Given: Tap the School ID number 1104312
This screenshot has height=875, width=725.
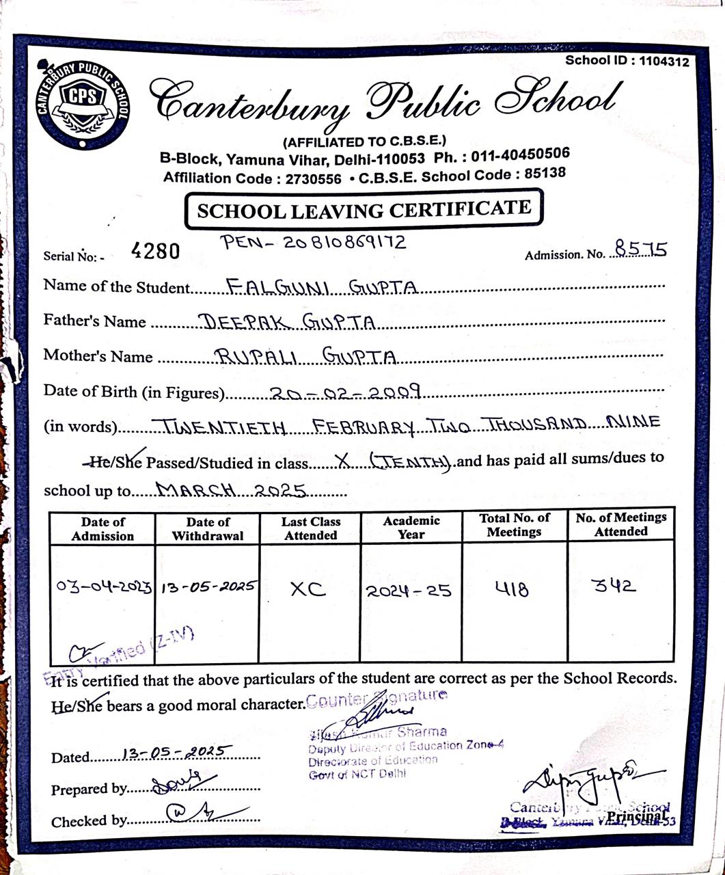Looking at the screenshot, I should click(x=664, y=62).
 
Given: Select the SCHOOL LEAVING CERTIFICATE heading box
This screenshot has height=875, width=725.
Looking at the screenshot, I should click(x=364, y=210).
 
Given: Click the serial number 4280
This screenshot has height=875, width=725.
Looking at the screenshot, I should click(x=155, y=252).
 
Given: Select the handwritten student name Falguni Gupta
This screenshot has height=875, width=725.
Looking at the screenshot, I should click(x=321, y=287).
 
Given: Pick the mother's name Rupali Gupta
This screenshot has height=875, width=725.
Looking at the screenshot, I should click(x=305, y=357).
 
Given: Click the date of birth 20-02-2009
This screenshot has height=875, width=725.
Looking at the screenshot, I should click(x=345, y=392).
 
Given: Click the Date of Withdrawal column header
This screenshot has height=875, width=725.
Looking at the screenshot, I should click(x=208, y=528).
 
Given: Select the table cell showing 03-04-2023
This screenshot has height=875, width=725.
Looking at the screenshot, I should click(x=103, y=588).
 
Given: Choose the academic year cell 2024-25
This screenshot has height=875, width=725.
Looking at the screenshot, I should click(x=409, y=591).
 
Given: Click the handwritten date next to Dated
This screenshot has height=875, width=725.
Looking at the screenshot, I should click(x=177, y=752).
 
